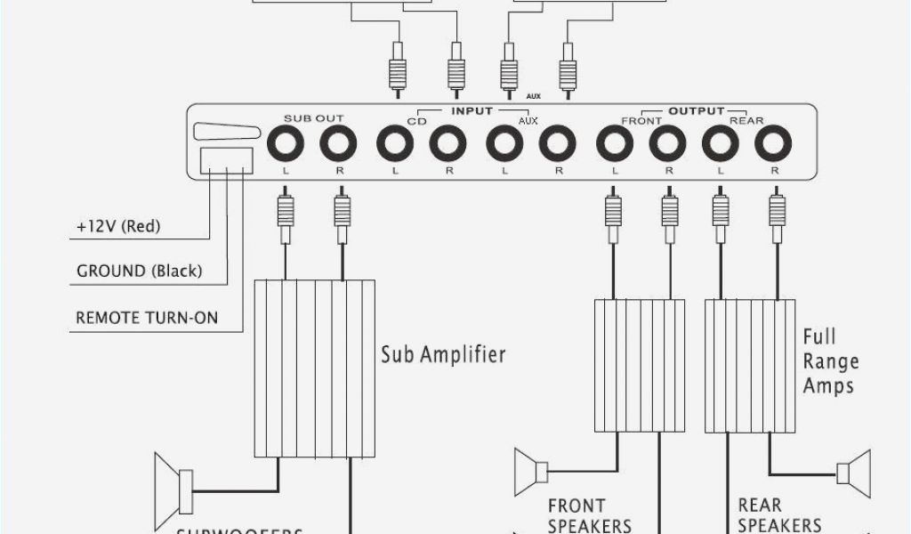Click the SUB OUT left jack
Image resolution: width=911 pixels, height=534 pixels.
(285, 142)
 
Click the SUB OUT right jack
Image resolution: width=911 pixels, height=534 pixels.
(338, 142)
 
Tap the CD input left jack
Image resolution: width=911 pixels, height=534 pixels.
(394, 142)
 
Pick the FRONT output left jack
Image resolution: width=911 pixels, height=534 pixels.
(613, 142)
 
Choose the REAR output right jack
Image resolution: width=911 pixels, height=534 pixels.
(773, 142)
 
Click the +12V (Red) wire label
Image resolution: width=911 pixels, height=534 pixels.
(118, 226)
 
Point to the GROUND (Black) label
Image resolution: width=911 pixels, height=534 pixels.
(139, 271)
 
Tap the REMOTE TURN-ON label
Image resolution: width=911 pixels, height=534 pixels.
(147, 317)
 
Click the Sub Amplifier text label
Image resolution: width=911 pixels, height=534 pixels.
(443, 354)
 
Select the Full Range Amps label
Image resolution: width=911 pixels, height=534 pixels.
(830, 361)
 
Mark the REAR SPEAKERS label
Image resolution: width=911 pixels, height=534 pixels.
(779, 515)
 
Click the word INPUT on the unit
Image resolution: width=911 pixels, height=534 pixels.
(472, 111)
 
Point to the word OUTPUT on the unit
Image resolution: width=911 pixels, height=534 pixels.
(696, 111)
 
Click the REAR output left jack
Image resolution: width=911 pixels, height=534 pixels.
(719, 142)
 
